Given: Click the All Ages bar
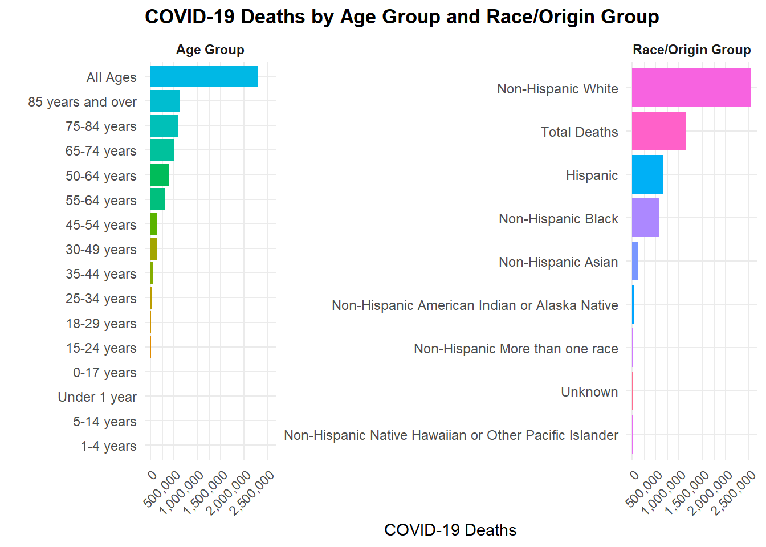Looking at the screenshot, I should pos(203,76).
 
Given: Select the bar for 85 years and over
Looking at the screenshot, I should pos(165,101).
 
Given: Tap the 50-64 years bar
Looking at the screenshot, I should pos(160,175).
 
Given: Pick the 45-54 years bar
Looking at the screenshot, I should pos(154,224).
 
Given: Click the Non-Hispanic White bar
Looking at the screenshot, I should pos(691,88).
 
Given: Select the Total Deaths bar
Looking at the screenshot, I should pos(658,131).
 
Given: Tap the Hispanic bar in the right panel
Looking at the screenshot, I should pos(647,174).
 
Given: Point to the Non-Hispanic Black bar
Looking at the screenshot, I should pos(645,218).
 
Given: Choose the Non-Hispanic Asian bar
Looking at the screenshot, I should pos(635,261).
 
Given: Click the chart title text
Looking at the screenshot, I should pos(402,17).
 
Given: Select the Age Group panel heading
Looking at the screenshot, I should pos(210,50).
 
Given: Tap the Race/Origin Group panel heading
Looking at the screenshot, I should pos(691,50).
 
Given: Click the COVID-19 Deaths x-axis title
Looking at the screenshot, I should pos(450,530).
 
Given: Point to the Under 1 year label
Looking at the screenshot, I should pos(97,397).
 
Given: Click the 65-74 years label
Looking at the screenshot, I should pos(101,151).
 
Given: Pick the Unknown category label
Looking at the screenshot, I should pos(589,392).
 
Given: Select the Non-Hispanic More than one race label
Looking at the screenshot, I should pos(516,349).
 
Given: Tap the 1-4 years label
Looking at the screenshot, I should pos(108,446).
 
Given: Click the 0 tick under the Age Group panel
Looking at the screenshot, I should pos(152,475).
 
